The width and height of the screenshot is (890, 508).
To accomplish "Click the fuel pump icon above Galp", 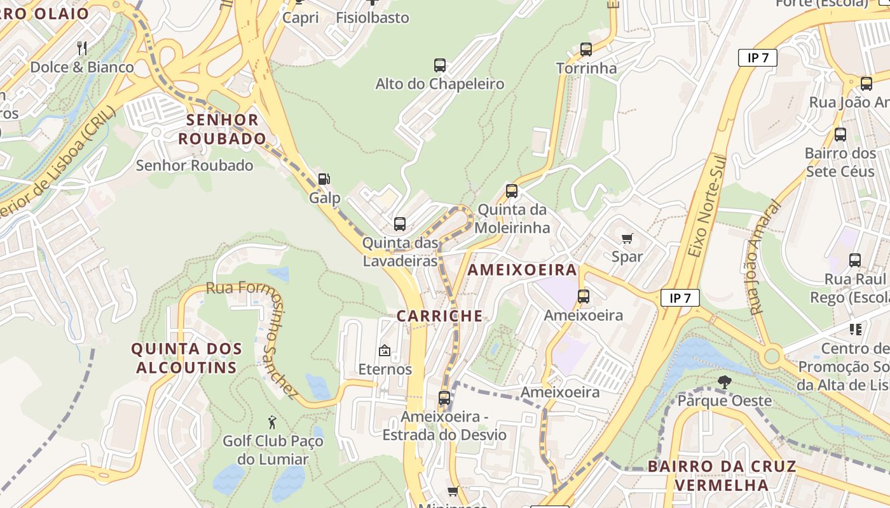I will coord(324,179).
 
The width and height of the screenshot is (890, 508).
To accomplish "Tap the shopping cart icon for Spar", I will coord(627,238).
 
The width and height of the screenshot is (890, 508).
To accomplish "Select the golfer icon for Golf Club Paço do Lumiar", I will coord(272,422).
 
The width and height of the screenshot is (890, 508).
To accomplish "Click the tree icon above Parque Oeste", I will coord(724,382).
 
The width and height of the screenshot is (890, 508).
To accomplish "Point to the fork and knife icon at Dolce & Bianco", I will coord(82,48).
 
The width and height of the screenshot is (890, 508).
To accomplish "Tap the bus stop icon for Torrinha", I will coord(586,49).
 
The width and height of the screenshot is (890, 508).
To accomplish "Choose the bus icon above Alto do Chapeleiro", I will coord(440,65).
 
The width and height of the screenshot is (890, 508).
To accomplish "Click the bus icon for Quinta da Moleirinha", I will coord(512,190).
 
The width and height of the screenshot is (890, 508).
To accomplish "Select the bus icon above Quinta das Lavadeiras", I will coord(400,224).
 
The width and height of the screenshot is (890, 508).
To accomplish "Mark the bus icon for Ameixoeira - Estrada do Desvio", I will coord(444,398).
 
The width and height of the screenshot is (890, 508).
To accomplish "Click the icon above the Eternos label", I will coord(385,350).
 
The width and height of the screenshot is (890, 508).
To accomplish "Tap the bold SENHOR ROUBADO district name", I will coord(222,129).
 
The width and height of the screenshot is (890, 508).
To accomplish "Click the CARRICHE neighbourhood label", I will coord(439,316).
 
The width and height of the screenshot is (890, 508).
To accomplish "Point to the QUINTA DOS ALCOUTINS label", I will coord(186,358).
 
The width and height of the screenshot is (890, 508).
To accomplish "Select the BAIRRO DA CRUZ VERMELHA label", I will coord(722,476).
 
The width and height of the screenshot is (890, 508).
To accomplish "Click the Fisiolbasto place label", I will coord(373,18).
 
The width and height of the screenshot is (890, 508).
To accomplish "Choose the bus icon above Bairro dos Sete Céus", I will coord(840,134).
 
